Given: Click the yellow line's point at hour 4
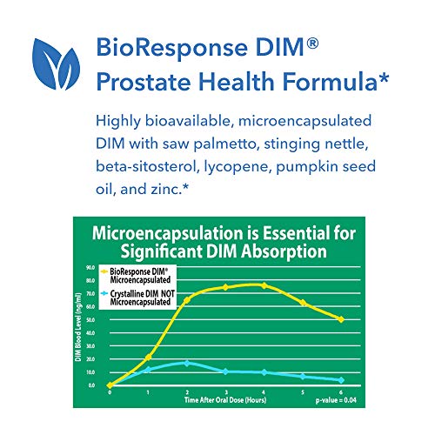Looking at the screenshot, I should coord(264,285).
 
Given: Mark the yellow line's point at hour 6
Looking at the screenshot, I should coord(341,319).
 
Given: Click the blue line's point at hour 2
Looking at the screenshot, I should coord(186,363).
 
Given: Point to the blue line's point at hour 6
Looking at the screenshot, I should coord(341,380).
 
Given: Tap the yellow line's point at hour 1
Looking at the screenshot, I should coord(148,358).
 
